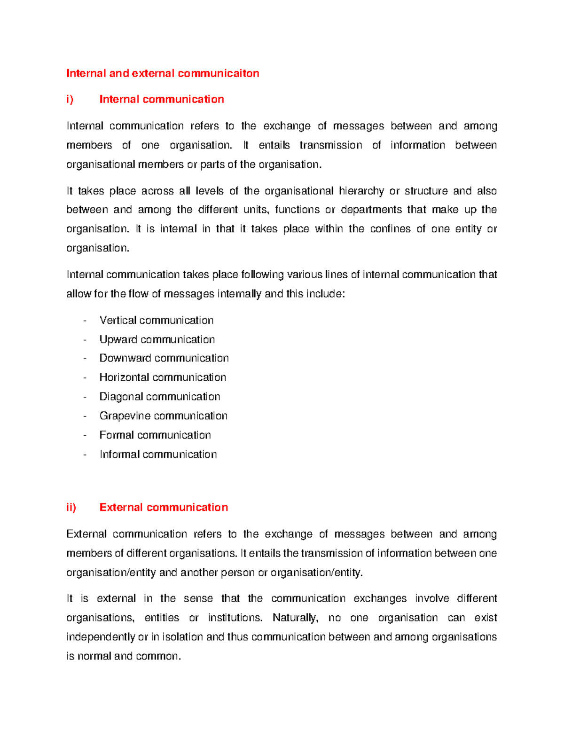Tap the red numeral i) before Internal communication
(70, 99)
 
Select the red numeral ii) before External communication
(71, 507)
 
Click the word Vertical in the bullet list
(118, 320)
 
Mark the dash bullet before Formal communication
(85, 435)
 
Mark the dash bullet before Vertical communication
(85, 321)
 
